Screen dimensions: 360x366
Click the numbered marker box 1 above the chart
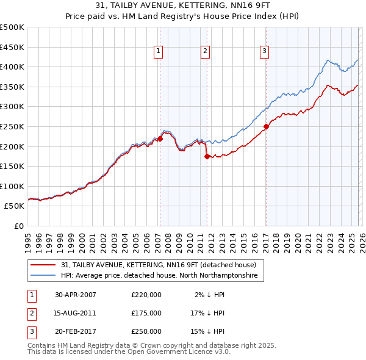pos(158,52)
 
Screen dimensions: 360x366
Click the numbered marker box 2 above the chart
pos(205,52)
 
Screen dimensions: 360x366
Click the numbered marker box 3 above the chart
pos(265,52)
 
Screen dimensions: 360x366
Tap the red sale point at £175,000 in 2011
pos(207,156)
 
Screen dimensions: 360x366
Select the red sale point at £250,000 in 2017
pos(266,127)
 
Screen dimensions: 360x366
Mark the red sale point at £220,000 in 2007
pos(160,139)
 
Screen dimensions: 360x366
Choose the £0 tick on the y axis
pos(20,226)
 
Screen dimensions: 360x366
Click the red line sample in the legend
pos(43,265)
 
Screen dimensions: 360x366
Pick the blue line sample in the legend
pos(43,276)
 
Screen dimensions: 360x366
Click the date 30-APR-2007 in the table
pos(76,295)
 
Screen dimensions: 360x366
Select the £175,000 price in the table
pos(146,313)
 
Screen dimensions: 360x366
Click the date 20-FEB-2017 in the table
pos(76,331)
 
